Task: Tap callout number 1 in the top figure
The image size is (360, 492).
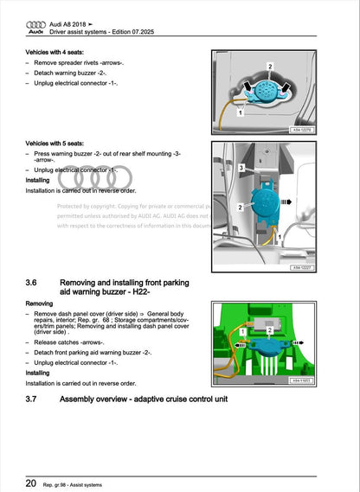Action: click(241, 111)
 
